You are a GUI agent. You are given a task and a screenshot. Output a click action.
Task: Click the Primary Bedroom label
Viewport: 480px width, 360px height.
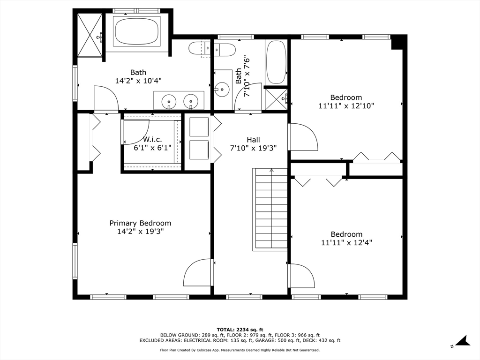pyautogui.click(x=140, y=223)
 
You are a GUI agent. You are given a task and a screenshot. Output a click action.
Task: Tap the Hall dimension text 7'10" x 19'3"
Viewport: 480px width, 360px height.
pyautogui.click(x=253, y=149)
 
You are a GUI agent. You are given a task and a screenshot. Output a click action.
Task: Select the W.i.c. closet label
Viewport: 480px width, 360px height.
pyautogui.click(x=152, y=140)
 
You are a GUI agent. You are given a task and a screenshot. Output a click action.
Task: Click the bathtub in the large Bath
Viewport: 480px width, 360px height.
pyautogui.click(x=137, y=31)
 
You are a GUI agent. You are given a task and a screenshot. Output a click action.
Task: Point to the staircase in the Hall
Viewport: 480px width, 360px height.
pyautogui.click(x=270, y=210)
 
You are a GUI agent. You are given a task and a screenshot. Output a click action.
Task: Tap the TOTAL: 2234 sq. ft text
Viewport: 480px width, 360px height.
pyautogui.click(x=240, y=330)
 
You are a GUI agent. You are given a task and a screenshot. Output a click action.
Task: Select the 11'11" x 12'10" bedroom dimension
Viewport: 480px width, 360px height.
pyautogui.click(x=346, y=106)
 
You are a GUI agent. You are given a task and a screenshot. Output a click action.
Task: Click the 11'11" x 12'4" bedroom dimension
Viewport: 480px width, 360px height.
pyautogui.click(x=346, y=243)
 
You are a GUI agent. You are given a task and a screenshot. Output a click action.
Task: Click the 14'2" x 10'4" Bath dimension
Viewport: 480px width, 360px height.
pyautogui.click(x=138, y=81)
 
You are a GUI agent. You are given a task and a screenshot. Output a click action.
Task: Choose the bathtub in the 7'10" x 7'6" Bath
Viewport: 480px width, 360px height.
pyautogui.click(x=276, y=62)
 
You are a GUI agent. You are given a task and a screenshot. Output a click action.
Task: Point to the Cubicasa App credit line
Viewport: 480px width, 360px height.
pyautogui.click(x=240, y=350)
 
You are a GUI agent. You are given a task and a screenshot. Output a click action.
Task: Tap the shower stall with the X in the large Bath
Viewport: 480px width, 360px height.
pyautogui.click(x=90, y=35)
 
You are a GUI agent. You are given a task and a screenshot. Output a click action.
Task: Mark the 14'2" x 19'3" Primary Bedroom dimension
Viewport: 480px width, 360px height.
pyautogui.click(x=140, y=232)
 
